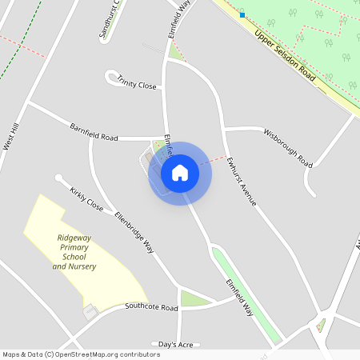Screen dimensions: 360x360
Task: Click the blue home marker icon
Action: tap(180, 173)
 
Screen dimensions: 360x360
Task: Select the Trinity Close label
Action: tap(137, 82)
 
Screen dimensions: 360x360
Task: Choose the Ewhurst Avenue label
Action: tap(241, 181)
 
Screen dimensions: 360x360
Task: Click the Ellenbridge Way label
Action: tap(134, 232)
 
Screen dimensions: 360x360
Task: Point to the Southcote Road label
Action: tap(151, 307)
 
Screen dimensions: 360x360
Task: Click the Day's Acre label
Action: tap(175, 344)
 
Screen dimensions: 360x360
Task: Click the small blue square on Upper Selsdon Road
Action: tap(242, 14)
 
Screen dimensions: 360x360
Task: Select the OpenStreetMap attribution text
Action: tap(82, 354)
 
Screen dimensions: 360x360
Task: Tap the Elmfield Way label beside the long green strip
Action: tap(239, 295)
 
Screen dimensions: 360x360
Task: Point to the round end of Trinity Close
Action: tap(110, 76)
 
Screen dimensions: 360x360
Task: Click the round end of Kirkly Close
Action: tap(58, 178)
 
